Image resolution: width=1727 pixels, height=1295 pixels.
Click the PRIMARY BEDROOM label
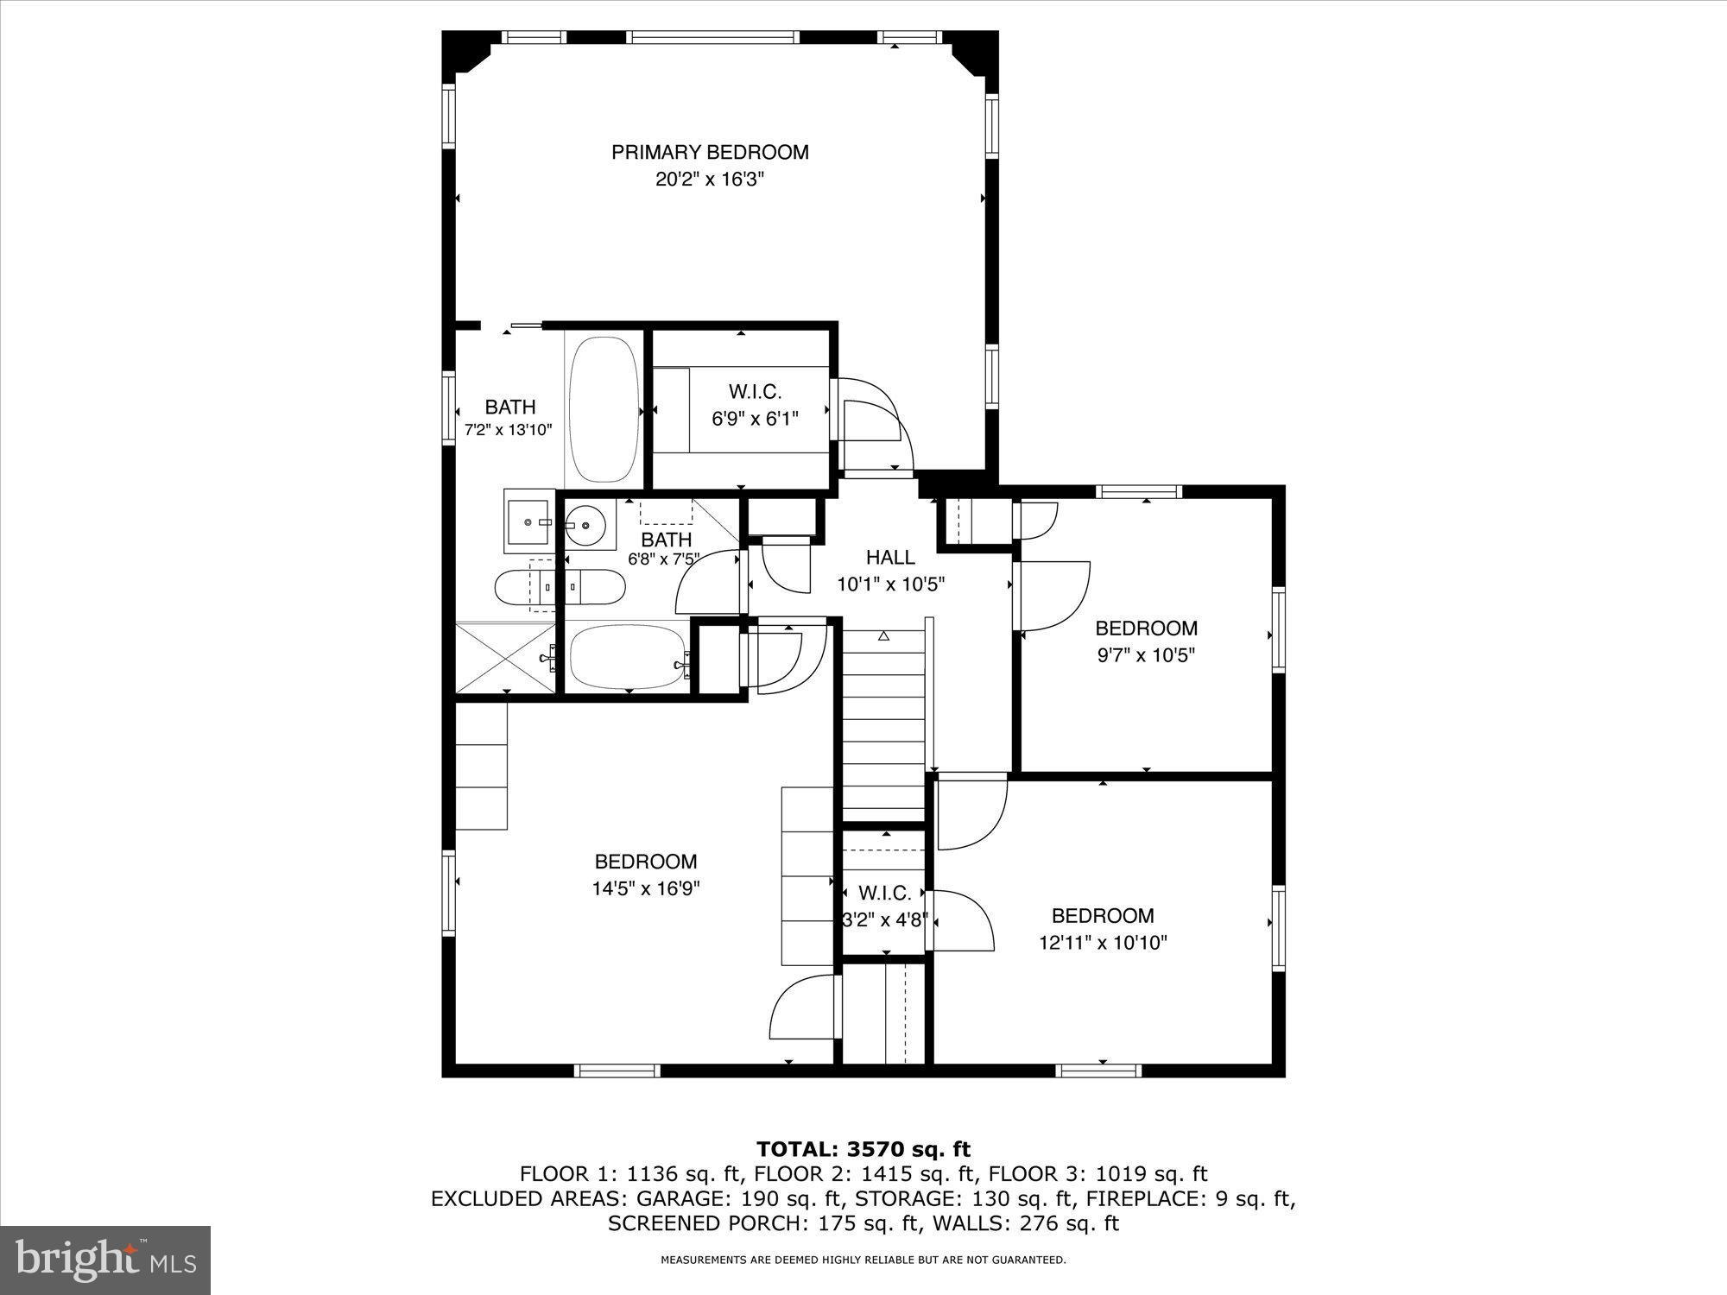coord(710,153)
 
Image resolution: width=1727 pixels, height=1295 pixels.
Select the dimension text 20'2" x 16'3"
coord(710,180)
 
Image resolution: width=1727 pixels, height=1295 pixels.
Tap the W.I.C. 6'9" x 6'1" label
coord(755,406)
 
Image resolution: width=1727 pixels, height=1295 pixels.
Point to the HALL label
coord(890,558)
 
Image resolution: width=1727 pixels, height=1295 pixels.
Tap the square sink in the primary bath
coord(530,521)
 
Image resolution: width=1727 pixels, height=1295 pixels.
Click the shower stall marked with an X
coord(505,657)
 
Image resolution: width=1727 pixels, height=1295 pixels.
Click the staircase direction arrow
coord(883,636)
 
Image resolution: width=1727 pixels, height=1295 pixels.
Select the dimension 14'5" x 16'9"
coord(645,889)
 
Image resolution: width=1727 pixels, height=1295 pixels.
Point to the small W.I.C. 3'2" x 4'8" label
coord(884,906)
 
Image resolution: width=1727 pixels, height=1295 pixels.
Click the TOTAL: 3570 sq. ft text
coord(863,1149)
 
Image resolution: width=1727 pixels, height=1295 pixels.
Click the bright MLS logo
coord(104,1261)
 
